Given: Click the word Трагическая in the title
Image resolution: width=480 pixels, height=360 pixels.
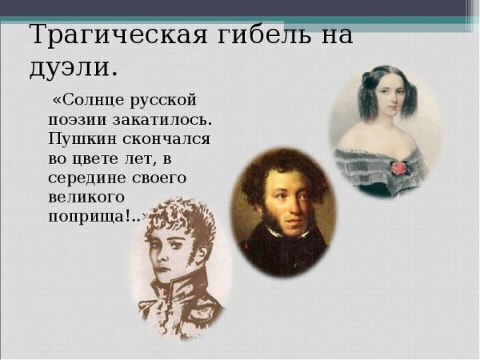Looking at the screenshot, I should coord(105,35).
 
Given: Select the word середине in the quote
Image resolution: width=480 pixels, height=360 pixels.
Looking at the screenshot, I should coord(86,176).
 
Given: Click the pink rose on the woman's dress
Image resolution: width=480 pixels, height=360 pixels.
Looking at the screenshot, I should coord(398,167).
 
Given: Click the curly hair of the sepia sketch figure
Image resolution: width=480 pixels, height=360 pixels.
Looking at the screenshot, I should coord(176,220).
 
